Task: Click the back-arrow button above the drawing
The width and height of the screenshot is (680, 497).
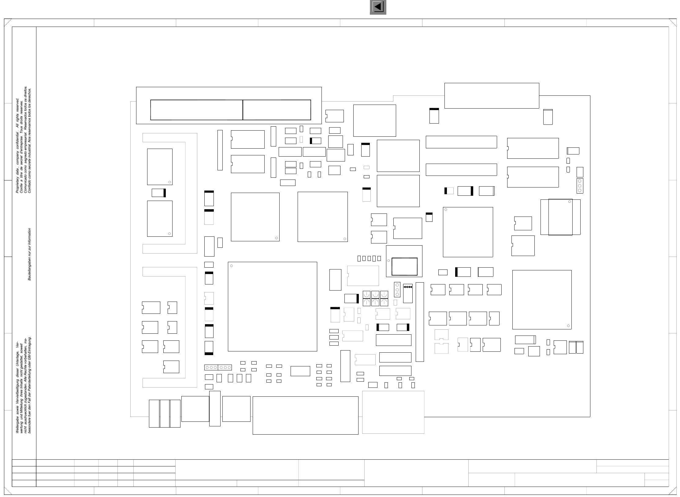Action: [x=378, y=7]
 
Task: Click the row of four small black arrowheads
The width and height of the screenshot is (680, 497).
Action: [x=408, y=287]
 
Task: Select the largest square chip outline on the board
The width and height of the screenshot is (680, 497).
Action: [x=272, y=306]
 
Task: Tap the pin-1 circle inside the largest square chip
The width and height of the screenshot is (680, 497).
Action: [x=232, y=266]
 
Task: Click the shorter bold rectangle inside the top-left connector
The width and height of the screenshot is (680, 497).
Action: [x=277, y=110]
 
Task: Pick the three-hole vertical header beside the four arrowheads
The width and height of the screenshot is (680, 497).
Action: [x=397, y=290]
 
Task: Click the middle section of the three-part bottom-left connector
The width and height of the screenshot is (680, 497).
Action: [x=165, y=414]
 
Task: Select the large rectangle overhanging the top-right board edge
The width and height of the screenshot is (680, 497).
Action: [x=492, y=95]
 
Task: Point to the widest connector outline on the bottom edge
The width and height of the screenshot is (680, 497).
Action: [x=305, y=415]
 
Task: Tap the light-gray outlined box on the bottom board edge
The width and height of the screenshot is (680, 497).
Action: [x=393, y=412]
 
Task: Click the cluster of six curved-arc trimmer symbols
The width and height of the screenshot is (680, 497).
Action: [x=375, y=299]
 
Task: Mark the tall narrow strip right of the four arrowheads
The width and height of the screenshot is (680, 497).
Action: [x=420, y=322]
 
